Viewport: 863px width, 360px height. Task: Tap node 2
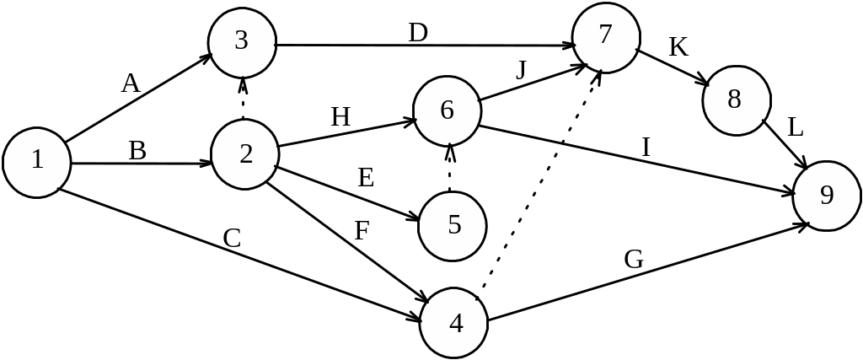(245, 154)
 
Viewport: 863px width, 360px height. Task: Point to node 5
(453, 226)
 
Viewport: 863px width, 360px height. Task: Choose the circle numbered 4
(455, 323)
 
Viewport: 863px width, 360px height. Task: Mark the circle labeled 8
(734, 100)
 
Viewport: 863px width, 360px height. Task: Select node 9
(827, 196)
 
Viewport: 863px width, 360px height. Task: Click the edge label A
(130, 84)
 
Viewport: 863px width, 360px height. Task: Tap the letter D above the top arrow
(418, 34)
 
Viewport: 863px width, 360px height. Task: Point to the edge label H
(340, 117)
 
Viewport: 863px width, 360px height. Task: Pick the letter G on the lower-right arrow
(634, 261)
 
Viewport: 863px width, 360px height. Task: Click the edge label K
(678, 47)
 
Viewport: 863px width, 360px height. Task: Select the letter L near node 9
(796, 129)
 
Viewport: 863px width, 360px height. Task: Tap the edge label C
(233, 239)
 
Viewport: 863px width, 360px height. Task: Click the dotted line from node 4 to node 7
(539, 182)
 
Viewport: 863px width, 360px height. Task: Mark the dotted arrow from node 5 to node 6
(450, 169)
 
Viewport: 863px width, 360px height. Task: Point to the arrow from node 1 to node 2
(139, 163)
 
